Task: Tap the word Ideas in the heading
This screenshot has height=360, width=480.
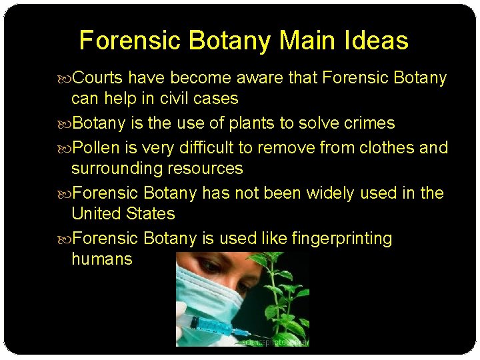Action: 377,41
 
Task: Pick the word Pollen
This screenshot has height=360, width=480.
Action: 95,147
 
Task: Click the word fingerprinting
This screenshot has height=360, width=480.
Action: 342,238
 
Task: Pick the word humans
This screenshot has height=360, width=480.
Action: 102,259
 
